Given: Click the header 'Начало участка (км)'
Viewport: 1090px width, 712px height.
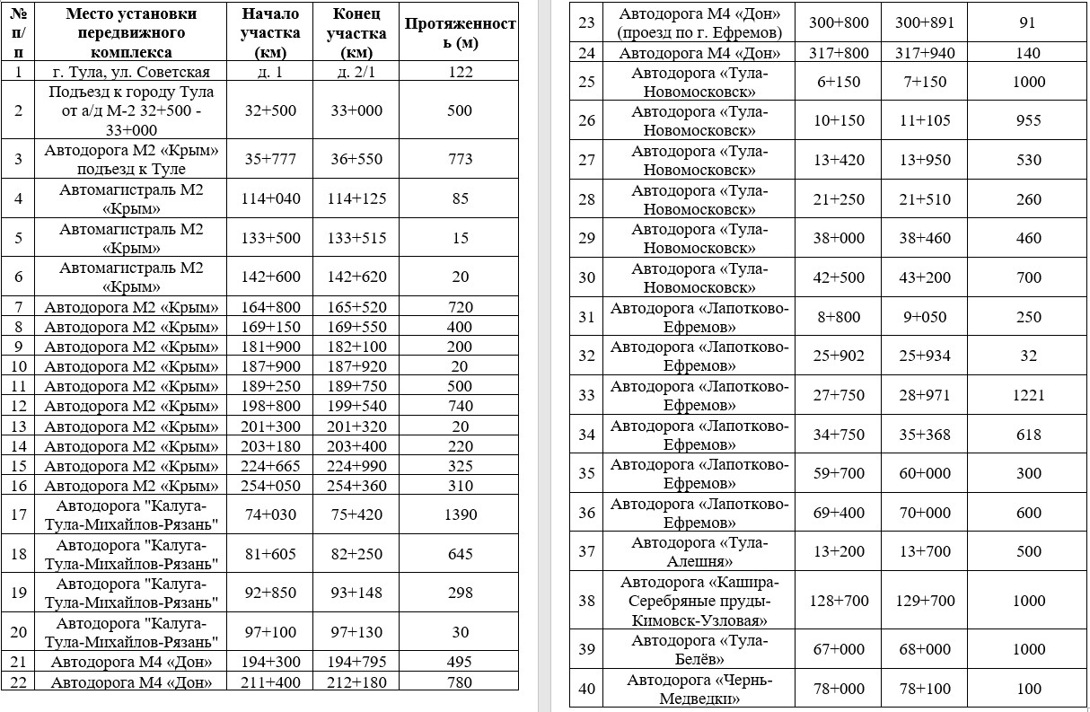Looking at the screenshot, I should (x=270, y=33).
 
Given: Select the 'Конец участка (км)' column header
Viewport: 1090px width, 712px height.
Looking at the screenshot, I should (x=356, y=33).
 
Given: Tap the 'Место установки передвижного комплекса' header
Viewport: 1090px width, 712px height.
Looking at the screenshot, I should (x=131, y=33).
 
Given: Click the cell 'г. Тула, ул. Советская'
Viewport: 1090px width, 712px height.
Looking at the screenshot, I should (x=131, y=72).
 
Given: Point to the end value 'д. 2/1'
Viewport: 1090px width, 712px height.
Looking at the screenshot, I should (x=356, y=72).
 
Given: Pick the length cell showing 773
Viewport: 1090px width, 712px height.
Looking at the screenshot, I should (x=460, y=159).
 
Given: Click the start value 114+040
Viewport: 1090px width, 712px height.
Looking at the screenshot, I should (x=270, y=198).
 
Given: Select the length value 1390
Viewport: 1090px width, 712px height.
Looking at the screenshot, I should (x=460, y=514).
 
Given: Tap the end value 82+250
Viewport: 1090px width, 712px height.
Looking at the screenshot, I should (x=356, y=554).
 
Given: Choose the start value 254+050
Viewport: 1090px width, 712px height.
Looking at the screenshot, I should (x=270, y=486).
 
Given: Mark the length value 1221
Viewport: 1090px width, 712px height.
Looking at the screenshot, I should (x=1029, y=395).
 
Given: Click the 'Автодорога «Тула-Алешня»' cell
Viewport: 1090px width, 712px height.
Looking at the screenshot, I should (x=700, y=551).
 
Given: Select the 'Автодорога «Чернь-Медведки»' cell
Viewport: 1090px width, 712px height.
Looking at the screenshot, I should (x=700, y=689).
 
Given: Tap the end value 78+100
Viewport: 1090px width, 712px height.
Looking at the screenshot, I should (x=925, y=689).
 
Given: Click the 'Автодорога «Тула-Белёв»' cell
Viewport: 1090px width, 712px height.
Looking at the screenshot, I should (x=700, y=649).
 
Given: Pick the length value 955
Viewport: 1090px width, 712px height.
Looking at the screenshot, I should (x=1029, y=120).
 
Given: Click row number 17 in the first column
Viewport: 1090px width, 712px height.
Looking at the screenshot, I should (x=19, y=514).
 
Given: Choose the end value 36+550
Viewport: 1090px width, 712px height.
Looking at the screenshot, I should (x=356, y=159).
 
